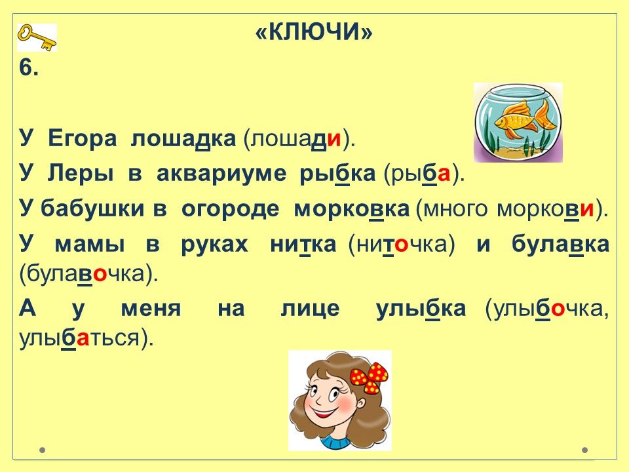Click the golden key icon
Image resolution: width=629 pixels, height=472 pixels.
[x=37, y=37]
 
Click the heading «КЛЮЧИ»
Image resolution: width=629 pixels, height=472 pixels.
[x=314, y=32]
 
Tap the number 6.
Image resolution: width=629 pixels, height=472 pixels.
[x=29, y=68]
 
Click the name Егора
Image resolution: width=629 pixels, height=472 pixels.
[x=83, y=139]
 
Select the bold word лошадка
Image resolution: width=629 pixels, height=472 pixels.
[x=183, y=139]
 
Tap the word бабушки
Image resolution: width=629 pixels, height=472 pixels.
[x=92, y=208]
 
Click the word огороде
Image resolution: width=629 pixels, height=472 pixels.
[x=230, y=208]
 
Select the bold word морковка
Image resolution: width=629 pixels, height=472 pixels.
[x=352, y=208]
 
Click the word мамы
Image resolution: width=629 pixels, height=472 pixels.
[x=90, y=244]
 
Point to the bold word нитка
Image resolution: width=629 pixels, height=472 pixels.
[x=303, y=244]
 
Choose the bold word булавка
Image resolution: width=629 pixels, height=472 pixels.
[x=560, y=243]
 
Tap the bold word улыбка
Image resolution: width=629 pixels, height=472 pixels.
[x=421, y=308]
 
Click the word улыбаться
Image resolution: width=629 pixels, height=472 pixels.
[x=79, y=339]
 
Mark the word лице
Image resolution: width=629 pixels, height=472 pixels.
[x=310, y=308]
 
